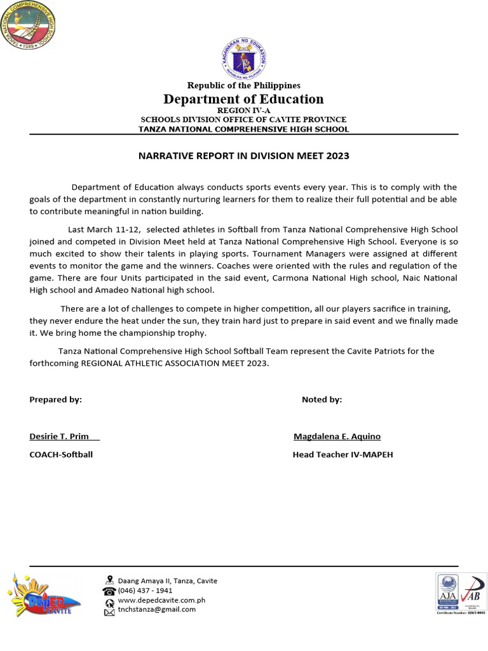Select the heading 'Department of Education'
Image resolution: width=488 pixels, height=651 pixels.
243,99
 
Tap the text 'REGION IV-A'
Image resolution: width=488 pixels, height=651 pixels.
243,111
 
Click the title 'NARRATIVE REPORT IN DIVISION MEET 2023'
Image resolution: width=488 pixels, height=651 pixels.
243,156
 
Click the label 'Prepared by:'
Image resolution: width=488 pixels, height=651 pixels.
55,399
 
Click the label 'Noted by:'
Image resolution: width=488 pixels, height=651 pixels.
322,399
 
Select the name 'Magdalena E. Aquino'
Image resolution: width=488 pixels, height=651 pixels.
337,436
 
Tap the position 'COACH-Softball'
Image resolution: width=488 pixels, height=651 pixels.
61,455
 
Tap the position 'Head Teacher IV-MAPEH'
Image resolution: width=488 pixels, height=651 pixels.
342,455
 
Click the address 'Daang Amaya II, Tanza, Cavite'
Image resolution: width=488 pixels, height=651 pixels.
167,580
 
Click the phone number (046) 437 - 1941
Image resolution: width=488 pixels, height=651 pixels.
145,590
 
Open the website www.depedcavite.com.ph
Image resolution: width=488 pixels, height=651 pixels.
161,600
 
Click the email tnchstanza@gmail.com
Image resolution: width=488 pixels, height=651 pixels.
156,609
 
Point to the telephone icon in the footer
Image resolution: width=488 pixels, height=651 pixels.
109,591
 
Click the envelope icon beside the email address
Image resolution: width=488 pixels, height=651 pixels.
109,610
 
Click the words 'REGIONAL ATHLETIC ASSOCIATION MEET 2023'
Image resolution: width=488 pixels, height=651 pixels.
173,363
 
